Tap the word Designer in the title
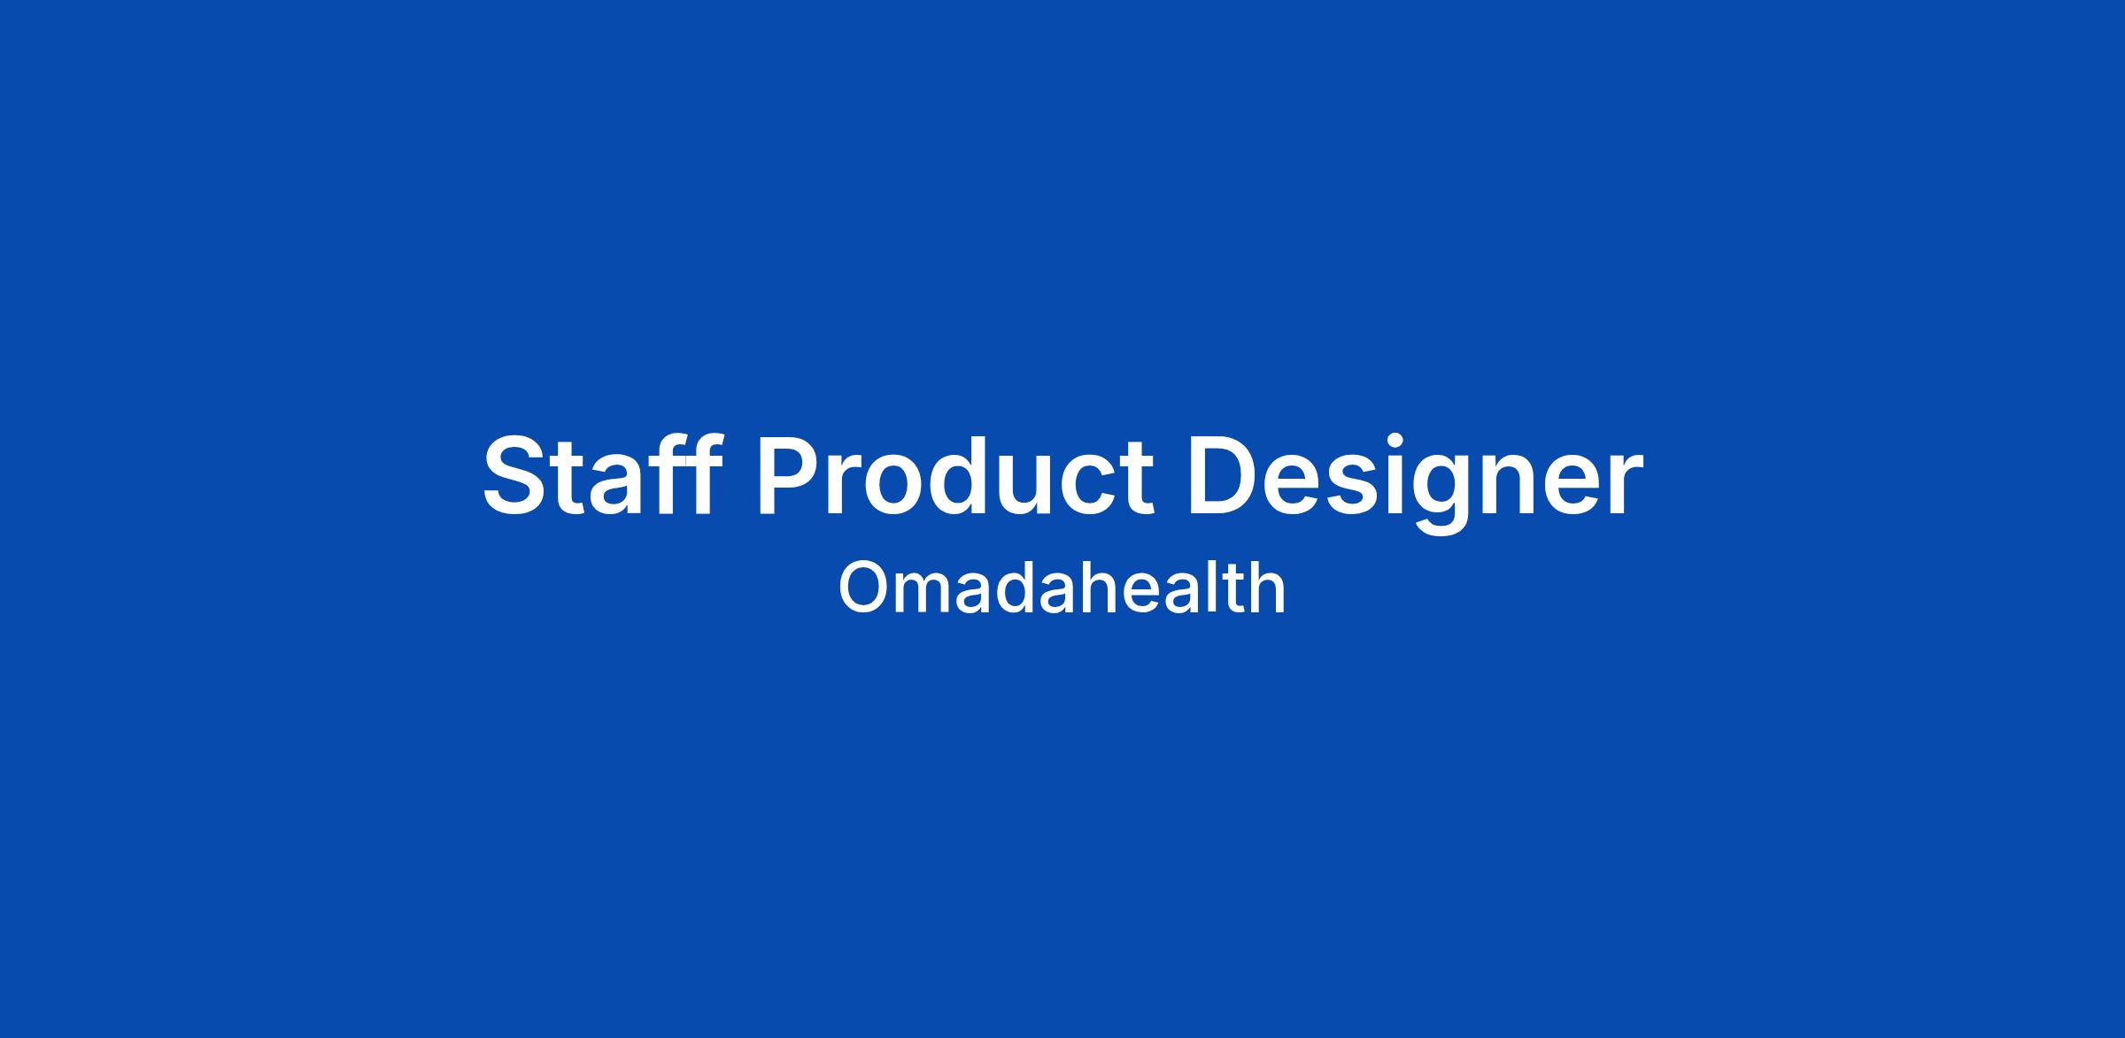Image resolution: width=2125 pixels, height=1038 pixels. [x=1415, y=482]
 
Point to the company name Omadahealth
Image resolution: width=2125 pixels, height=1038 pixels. [x=1062, y=587]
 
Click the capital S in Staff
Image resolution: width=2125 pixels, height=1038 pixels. [x=516, y=475]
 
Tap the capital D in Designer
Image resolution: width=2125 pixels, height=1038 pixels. [x=1225, y=474]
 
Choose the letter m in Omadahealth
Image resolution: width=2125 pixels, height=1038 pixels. [x=931, y=595]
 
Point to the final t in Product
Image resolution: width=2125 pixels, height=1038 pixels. [x=1139, y=480]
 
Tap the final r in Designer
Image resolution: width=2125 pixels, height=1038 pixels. [x=1626, y=486]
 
